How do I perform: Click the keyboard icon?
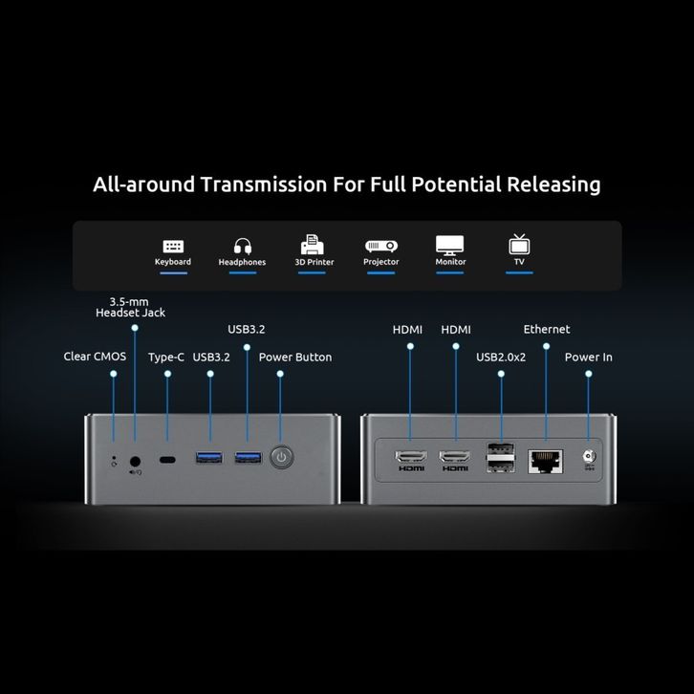(173, 246)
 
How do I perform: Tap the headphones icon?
(242, 246)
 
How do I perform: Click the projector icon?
(381, 246)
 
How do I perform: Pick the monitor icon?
(450, 245)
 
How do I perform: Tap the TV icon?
(519, 245)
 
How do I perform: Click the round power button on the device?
(280, 458)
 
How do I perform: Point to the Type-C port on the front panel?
(168, 460)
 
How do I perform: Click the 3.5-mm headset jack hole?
(135, 460)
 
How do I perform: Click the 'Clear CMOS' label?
(96, 358)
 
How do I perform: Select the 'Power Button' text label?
(295, 358)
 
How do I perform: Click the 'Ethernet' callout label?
(546, 329)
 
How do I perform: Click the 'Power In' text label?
(588, 358)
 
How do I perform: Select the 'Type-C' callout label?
(166, 358)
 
